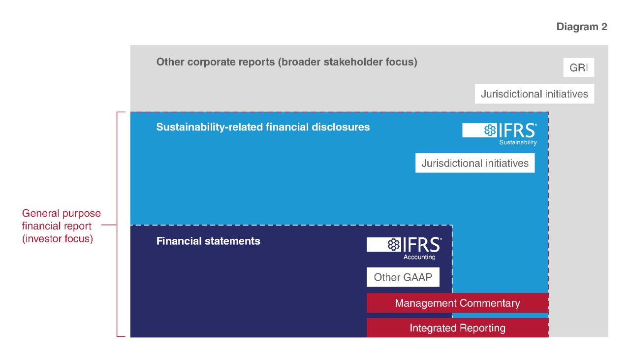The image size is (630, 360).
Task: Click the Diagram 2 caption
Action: click(582, 27)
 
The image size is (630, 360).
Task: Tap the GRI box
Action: click(578, 67)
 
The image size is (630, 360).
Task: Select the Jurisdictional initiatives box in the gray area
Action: click(535, 94)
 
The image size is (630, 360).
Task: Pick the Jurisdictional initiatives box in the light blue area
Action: click(475, 163)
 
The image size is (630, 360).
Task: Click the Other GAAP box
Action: click(403, 277)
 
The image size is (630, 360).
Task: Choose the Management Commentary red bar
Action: click(458, 303)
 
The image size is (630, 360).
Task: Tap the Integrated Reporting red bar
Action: click(458, 328)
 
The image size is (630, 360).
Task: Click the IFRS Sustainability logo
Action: click(500, 134)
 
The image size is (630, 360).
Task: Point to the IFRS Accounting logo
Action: click(404, 248)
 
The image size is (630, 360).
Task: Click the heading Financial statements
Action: click(208, 241)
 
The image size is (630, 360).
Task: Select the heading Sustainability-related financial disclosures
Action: click(263, 127)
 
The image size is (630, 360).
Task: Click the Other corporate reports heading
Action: click(286, 62)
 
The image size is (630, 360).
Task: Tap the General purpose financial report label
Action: click(62, 226)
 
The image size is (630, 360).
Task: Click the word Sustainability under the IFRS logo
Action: click(518, 142)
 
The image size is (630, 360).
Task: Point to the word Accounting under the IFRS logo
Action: click(419, 257)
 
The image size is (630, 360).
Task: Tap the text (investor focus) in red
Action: click(58, 239)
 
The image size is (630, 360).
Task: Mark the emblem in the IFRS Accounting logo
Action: click(394, 244)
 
